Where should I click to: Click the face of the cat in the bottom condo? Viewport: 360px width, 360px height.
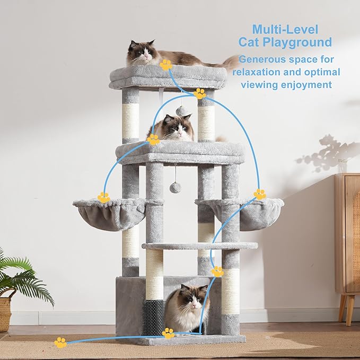(191, 300)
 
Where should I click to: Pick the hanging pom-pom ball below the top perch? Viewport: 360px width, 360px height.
(180, 111)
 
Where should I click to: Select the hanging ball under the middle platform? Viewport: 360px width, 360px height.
(175, 187)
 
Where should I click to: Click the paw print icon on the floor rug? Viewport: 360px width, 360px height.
(61, 343)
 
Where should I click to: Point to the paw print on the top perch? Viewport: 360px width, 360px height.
(166, 65)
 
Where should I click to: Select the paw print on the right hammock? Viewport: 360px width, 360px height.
(260, 194)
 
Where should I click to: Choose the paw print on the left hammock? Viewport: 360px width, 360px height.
(103, 197)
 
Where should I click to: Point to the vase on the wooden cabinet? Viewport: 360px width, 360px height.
(343, 165)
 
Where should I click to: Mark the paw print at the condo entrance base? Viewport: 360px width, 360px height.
(168, 333)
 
